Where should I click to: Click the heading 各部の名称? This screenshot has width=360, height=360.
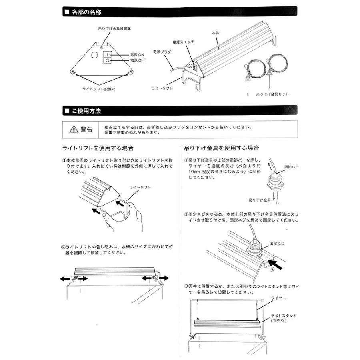[86, 12]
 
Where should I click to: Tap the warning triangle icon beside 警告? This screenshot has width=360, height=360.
[74, 129]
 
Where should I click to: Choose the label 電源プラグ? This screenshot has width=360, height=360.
[162, 52]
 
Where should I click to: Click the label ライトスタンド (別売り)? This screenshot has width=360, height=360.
[283, 318]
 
